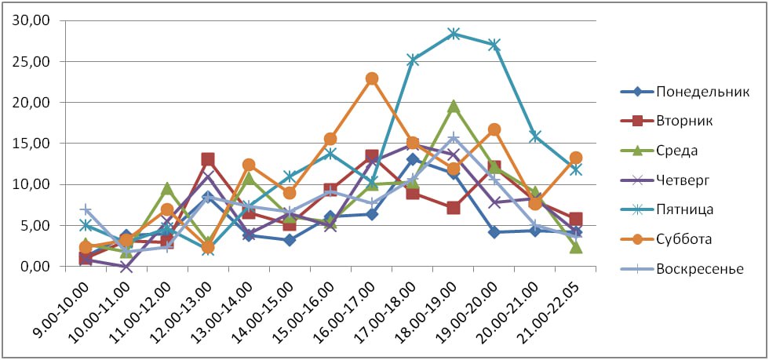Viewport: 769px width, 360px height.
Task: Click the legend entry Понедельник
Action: click(x=690, y=91)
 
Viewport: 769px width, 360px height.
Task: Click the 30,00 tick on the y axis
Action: click(x=31, y=20)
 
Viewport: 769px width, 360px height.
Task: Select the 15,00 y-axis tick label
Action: click(x=31, y=144)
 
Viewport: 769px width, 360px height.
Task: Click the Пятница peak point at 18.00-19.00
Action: click(x=454, y=34)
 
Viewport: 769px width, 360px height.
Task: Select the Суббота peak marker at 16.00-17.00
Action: click(x=372, y=78)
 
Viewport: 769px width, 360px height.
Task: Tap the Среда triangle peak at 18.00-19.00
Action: click(x=454, y=106)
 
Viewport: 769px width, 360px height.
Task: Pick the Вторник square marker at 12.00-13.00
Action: click(x=208, y=159)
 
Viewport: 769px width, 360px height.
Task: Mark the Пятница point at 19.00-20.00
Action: click(x=494, y=45)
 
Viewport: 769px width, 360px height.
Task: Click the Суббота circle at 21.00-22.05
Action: click(x=576, y=158)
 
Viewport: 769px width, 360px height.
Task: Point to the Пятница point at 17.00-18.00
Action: click(x=413, y=60)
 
